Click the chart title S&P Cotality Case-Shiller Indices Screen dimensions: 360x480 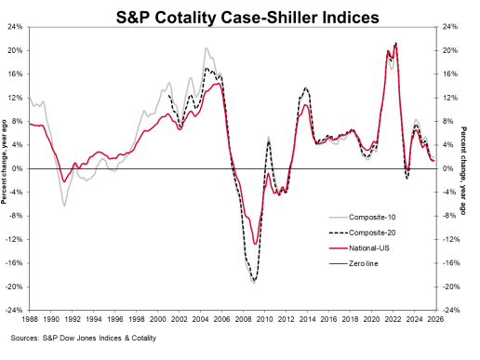[x=239, y=16]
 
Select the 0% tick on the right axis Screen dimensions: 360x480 [x=450, y=169]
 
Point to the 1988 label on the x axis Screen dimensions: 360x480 [x=30, y=320]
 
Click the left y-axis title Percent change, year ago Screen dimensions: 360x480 [x=5, y=168]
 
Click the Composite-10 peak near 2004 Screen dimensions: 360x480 [x=206, y=48]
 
